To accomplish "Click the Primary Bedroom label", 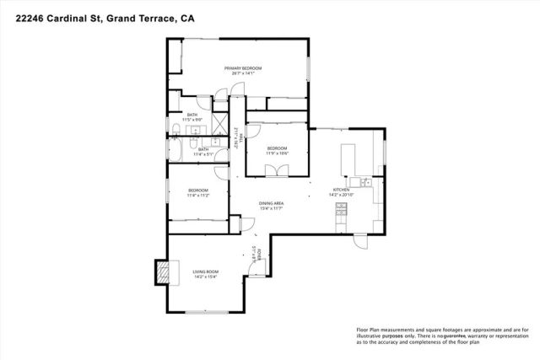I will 242,67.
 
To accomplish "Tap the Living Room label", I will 206,271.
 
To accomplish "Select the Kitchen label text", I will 341,190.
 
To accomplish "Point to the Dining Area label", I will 271,204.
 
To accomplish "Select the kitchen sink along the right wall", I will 364,181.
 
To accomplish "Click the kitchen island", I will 348,158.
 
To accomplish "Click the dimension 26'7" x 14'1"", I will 243,73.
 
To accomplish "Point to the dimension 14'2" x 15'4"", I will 206,277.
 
